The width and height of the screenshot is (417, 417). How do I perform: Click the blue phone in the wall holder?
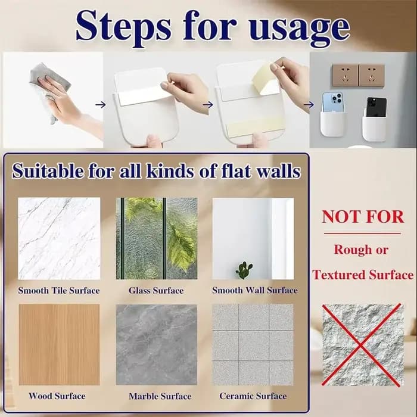[332, 103]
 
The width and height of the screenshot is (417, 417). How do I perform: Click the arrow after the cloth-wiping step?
[101, 105]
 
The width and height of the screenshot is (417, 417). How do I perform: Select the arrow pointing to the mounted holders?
[309, 105]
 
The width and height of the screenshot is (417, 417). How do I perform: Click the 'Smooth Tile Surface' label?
[59, 291]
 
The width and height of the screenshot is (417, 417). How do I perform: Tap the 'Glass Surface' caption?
[156, 291]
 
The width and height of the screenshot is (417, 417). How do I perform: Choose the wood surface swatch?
[60, 345]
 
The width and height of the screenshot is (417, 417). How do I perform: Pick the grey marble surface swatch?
[157, 345]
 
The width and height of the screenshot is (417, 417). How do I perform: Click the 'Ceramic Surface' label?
[253, 396]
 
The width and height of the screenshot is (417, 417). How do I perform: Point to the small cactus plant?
[244, 270]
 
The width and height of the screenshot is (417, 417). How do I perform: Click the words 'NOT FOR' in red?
[363, 217]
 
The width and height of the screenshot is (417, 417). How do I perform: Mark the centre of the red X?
[360, 346]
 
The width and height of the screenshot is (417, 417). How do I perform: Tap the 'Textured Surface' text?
[363, 275]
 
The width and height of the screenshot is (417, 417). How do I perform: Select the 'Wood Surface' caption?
[57, 396]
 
